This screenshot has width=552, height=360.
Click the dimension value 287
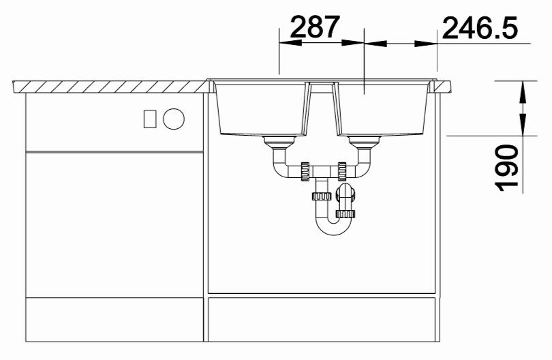[x=315, y=27]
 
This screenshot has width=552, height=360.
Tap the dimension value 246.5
[x=480, y=28]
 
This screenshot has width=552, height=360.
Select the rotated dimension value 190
[x=506, y=168]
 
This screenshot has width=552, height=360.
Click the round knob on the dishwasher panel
[x=174, y=119]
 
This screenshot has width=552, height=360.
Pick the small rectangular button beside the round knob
[x=150, y=119]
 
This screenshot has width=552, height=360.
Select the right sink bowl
[x=384, y=109]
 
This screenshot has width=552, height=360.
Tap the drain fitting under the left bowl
[x=279, y=142]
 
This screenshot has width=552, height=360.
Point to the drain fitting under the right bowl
[x=365, y=142]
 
